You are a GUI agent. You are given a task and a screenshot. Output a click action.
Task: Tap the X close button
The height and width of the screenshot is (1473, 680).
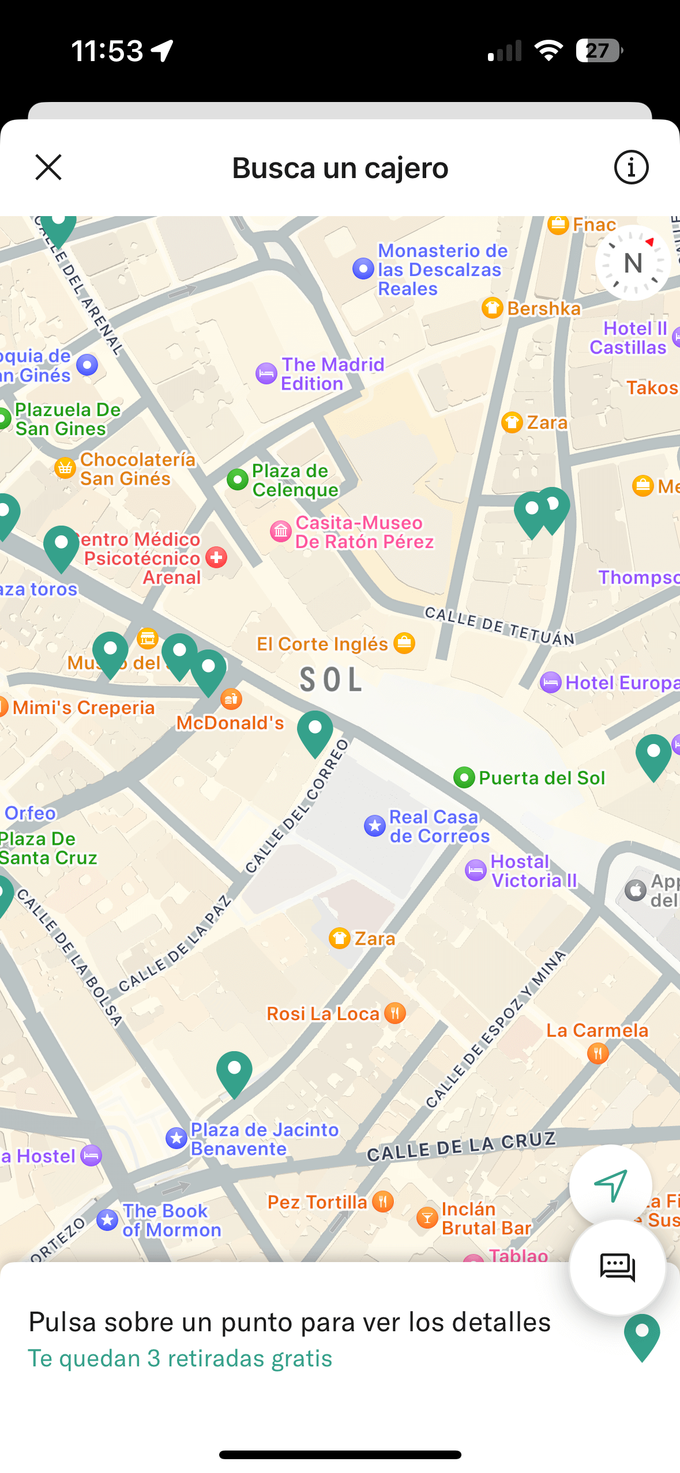(x=48, y=168)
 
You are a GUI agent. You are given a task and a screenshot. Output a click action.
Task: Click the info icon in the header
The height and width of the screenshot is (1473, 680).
(x=631, y=168)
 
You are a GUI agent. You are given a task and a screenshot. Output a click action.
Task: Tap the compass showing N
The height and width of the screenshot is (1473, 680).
(x=633, y=263)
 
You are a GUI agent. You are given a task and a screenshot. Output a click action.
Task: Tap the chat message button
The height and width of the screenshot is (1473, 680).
(x=617, y=1267)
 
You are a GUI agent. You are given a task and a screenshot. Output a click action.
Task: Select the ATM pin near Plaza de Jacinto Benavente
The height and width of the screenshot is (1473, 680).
(x=234, y=1072)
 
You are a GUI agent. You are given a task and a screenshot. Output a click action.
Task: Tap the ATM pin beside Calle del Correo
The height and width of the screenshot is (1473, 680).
(x=315, y=731)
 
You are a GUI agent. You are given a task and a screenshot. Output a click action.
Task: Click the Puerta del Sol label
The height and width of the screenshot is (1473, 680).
(x=542, y=778)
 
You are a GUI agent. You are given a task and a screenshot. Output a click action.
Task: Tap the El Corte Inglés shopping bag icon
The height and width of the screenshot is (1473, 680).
(x=404, y=643)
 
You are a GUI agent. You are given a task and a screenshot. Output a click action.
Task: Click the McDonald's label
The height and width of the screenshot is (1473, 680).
(x=230, y=723)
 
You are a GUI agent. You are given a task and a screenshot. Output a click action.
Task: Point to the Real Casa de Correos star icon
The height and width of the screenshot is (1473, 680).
(x=375, y=826)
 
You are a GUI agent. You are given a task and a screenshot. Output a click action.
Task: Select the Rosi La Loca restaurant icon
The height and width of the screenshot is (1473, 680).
(x=395, y=1013)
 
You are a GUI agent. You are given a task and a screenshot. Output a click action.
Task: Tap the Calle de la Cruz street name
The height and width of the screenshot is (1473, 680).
(x=461, y=1146)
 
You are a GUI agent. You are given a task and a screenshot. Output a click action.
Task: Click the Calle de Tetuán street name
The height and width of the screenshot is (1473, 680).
(x=499, y=625)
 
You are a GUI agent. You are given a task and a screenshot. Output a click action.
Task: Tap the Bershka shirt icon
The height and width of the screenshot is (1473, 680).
(x=492, y=308)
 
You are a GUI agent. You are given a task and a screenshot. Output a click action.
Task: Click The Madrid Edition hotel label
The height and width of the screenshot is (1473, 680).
(x=333, y=374)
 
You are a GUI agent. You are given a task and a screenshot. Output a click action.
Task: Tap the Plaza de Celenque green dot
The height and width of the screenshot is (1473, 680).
(x=237, y=479)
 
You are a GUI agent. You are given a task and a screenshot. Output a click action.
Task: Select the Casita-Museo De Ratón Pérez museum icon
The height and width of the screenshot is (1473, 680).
(x=281, y=531)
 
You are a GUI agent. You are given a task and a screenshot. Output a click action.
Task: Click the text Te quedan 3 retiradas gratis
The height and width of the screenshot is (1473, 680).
(x=180, y=1358)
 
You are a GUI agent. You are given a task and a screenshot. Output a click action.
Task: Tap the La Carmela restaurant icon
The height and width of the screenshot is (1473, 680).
(x=598, y=1054)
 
